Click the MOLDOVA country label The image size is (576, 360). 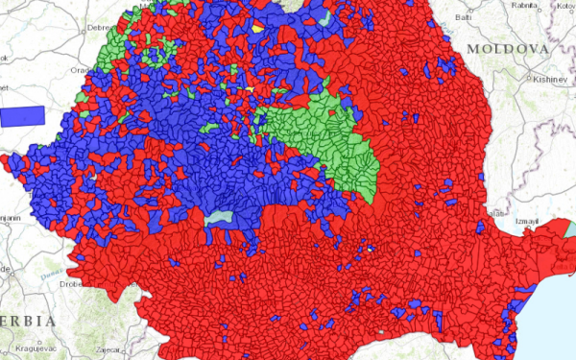click(507, 48)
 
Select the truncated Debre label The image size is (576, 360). click(100, 29)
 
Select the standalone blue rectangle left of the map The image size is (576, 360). click(23, 116)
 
